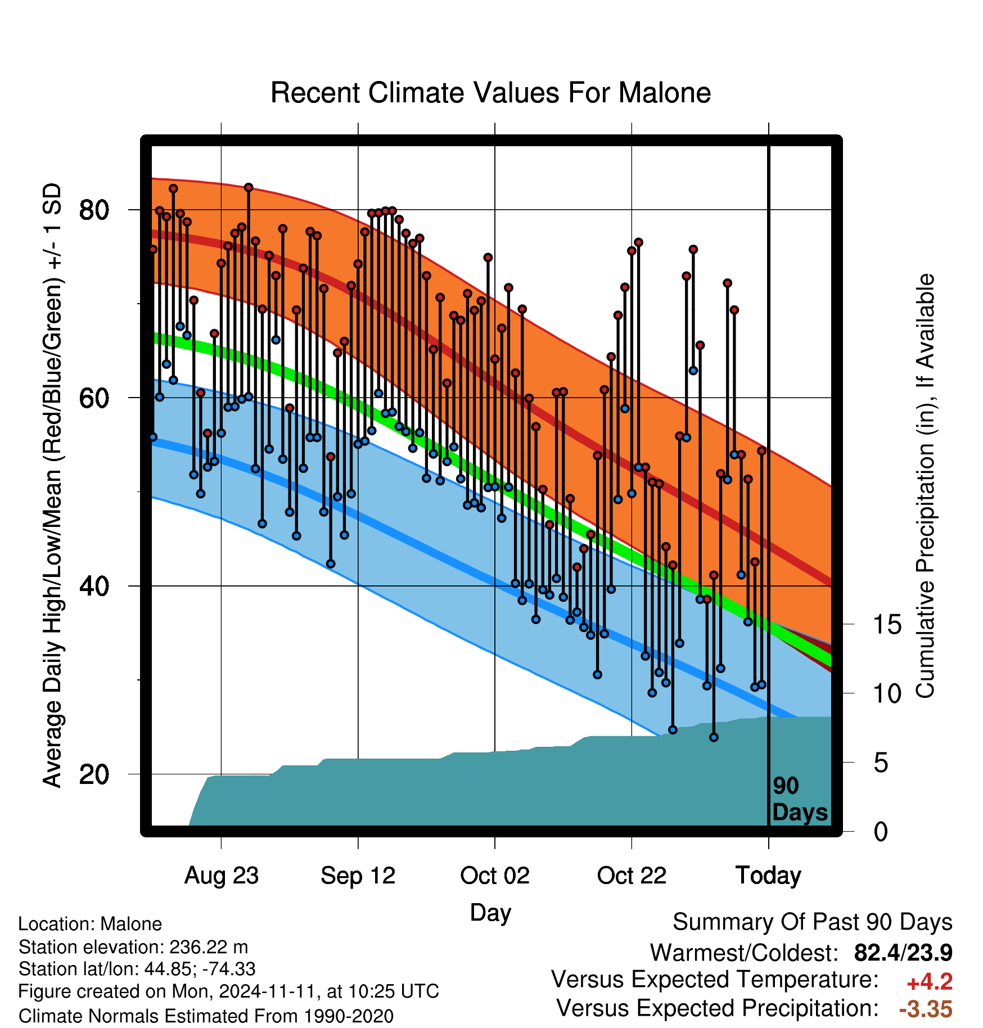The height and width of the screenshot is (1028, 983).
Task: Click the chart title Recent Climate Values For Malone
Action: (x=490, y=93)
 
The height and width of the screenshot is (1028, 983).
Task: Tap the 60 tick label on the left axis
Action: (x=94, y=398)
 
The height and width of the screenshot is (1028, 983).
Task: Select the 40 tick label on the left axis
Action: (x=94, y=586)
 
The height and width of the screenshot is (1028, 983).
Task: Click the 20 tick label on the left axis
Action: (x=94, y=774)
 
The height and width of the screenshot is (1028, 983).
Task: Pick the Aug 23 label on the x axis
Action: (x=222, y=876)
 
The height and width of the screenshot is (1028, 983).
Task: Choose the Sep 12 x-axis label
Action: (x=358, y=876)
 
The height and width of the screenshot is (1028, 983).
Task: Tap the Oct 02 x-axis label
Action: (x=495, y=876)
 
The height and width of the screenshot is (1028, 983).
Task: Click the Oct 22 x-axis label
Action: (x=632, y=876)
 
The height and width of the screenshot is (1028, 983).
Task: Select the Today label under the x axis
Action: (x=768, y=876)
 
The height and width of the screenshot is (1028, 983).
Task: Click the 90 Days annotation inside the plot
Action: (x=800, y=799)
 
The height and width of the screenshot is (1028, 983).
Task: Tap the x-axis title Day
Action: (x=490, y=913)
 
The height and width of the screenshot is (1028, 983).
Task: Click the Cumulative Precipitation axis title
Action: (x=925, y=486)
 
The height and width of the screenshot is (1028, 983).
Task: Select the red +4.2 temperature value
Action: (x=930, y=982)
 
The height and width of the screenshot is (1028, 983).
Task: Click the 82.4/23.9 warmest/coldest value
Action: (x=903, y=953)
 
